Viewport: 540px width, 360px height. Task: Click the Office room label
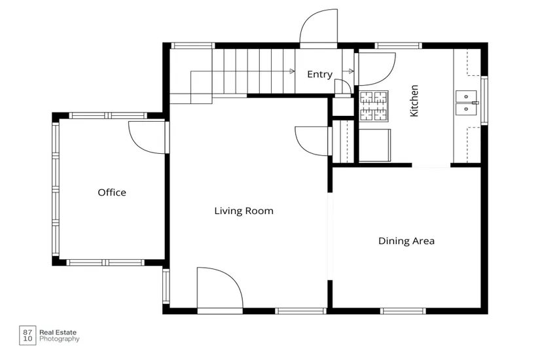click(112, 192)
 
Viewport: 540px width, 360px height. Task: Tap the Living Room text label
click(244, 211)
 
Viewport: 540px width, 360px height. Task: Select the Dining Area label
click(406, 241)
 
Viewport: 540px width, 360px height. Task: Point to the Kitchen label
click(414, 101)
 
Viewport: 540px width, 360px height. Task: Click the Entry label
click(320, 75)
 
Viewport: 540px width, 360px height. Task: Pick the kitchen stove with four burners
click(374, 106)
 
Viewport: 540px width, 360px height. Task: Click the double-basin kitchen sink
click(466, 103)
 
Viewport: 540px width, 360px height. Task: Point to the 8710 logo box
click(27, 335)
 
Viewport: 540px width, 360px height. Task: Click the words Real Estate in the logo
click(58, 333)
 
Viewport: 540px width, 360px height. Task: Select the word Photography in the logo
click(59, 339)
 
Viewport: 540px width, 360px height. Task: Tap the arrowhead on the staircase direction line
click(292, 71)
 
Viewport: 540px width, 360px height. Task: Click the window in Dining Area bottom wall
click(403, 311)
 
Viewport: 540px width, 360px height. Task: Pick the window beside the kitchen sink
click(484, 100)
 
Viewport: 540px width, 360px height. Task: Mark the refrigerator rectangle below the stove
click(374, 145)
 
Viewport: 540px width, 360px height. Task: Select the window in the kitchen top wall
click(399, 45)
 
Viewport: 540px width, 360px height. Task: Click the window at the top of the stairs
click(193, 45)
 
